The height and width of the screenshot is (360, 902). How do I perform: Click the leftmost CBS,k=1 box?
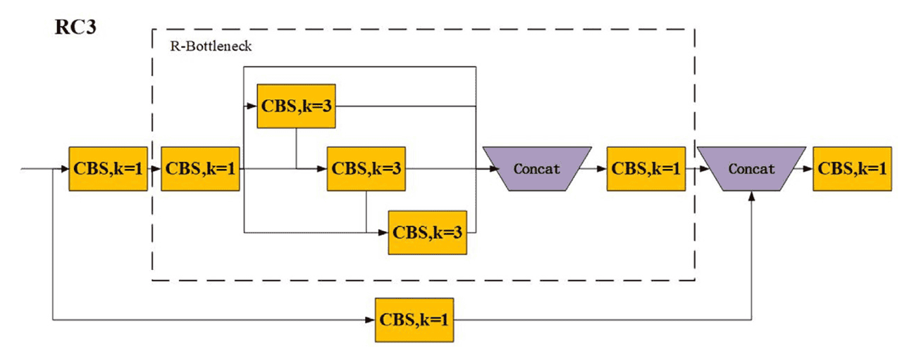(108, 169)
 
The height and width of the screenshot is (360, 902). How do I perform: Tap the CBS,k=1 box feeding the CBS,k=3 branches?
(201, 169)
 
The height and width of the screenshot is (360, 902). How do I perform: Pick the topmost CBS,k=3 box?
(296, 106)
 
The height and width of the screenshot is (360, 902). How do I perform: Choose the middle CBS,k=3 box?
(366, 169)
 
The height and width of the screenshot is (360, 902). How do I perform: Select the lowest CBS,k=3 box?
(427, 232)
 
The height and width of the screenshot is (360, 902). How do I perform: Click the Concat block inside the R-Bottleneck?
(537, 169)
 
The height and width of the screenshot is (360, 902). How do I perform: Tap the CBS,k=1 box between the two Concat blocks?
(645, 169)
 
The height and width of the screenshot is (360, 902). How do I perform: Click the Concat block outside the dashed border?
(752, 169)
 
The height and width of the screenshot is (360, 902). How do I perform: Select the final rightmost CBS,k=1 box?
(851, 169)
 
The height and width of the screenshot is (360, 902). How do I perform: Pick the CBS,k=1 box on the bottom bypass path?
(414, 319)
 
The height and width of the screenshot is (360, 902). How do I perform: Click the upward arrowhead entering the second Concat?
(753, 198)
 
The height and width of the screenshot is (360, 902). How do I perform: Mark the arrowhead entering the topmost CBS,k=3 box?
(253, 106)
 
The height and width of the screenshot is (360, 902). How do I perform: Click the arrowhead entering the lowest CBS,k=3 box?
(384, 232)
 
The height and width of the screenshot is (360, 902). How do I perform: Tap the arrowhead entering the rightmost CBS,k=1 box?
(808, 169)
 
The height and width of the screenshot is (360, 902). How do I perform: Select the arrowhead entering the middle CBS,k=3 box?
(323, 169)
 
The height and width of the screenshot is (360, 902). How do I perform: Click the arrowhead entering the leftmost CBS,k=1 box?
(64, 169)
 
